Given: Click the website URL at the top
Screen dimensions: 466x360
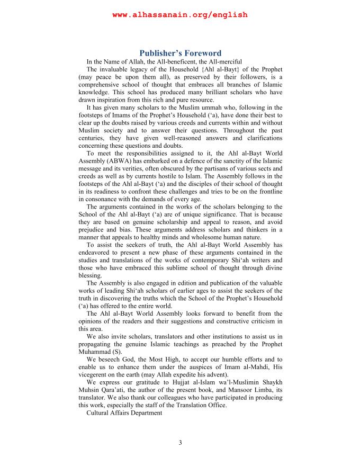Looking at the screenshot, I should point(180,15).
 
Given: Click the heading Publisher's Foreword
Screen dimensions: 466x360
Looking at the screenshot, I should point(180,53).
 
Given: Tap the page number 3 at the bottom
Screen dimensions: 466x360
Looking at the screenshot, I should point(180,443).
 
